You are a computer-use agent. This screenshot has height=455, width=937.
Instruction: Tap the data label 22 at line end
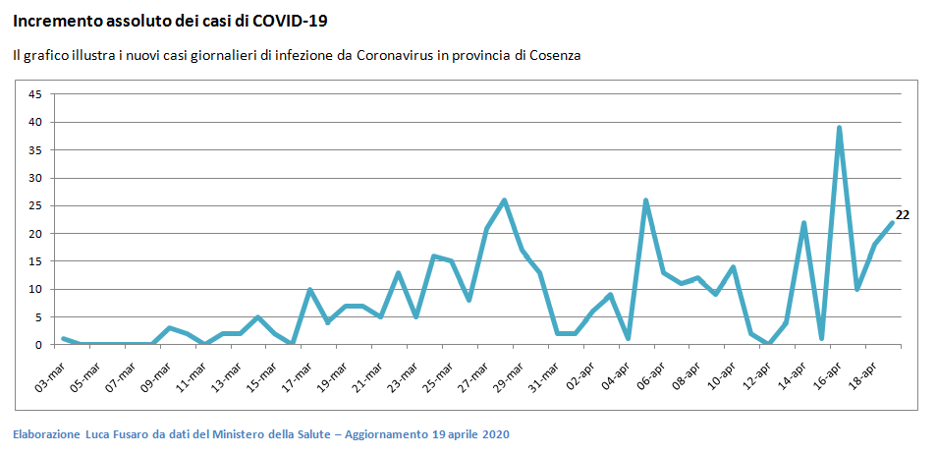pyautogui.click(x=903, y=215)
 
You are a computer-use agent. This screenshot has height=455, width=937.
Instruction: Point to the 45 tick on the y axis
pyautogui.click(x=35, y=94)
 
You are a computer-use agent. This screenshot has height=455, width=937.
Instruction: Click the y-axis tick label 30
pyautogui.click(x=35, y=178)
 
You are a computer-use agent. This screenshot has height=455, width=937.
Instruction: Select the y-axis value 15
pyautogui.click(x=35, y=261)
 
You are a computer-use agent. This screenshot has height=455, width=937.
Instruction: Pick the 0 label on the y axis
pyautogui.click(x=38, y=345)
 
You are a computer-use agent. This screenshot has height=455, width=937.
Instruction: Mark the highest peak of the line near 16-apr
pyautogui.click(x=840, y=128)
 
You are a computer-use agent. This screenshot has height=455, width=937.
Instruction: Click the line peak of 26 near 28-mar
pyautogui.click(x=504, y=200)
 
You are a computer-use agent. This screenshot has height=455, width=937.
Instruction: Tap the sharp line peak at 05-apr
pyautogui.click(x=645, y=200)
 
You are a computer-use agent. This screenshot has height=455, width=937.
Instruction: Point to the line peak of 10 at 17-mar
pyautogui.click(x=309, y=289)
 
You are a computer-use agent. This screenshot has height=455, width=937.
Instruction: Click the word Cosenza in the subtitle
pyautogui.click(x=555, y=56)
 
